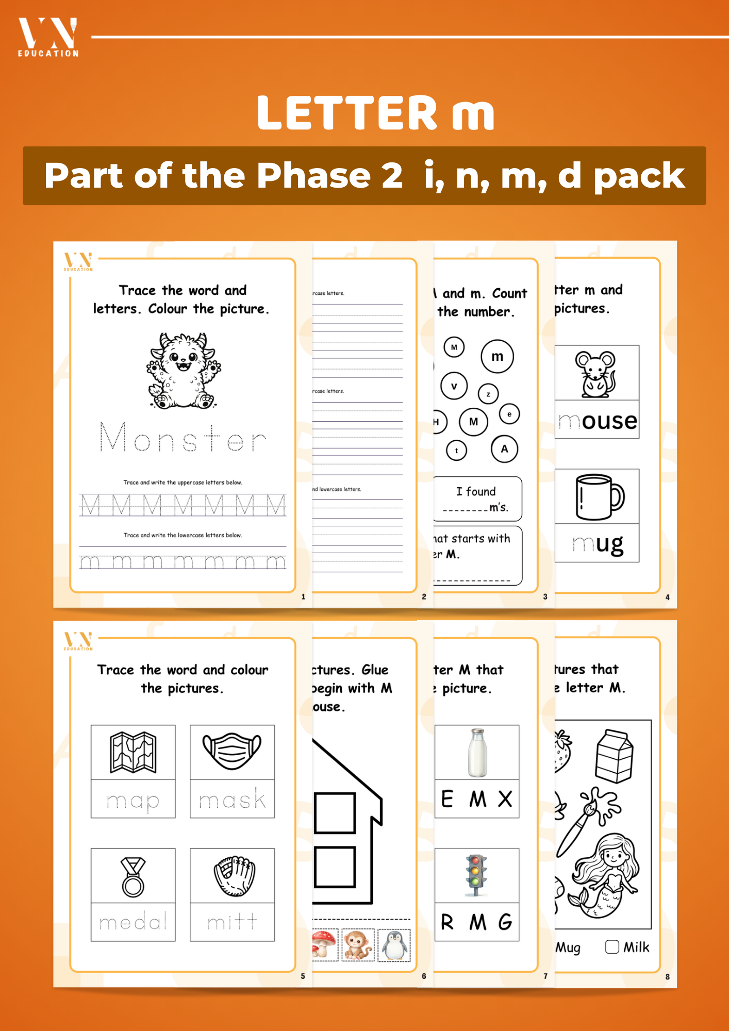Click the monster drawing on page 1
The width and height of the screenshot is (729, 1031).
[x=183, y=371]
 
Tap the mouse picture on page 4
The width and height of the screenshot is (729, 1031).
[x=595, y=374]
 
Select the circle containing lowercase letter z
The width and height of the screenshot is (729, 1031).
[x=488, y=394]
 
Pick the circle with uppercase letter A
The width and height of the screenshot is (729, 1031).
[x=504, y=449]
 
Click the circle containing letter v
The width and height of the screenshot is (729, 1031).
[x=454, y=386]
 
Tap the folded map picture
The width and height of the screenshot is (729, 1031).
[x=133, y=753]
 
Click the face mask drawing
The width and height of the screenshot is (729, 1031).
[x=232, y=751]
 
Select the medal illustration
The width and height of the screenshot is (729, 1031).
[x=133, y=877]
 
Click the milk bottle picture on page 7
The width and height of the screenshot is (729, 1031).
[x=477, y=753]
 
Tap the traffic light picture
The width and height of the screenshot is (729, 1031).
[x=476, y=875]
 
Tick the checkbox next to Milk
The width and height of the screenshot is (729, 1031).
[x=612, y=947]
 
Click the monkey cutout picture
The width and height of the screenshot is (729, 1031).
[x=358, y=945]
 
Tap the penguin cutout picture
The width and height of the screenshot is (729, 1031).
[x=394, y=945]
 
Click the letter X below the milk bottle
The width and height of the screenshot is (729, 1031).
[x=505, y=799]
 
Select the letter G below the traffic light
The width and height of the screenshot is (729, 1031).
[x=506, y=922]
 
